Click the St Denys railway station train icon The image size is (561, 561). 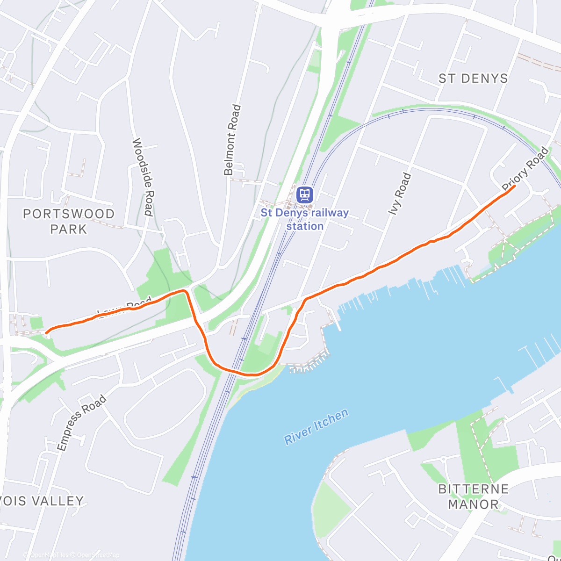pyautogui.click(x=304, y=194)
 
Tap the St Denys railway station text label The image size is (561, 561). pyautogui.click(x=304, y=219)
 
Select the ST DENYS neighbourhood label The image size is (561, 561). pyautogui.click(x=473, y=79)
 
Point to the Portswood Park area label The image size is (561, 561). pyautogui.click(x=69, y=221)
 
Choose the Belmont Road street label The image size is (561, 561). pyautogui.click(x=232, y=140)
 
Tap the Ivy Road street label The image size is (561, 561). pyautogui.click(x=400, y=194)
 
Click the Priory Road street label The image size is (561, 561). pyautogui.click(x=525, y=169)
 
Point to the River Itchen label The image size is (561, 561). pyautogui.click(x=316, y=426)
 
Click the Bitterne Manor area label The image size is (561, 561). pyautogui.click(x=473, y=496)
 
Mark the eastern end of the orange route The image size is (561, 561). pyautogui.click(x=515, y=186)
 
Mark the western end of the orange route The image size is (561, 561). pyautogui.click(x=46, y=332)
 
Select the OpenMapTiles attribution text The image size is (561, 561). pyautogui.click(x=49, y=555)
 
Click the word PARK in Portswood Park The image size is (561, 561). pyautogui.click(x=69, y=229)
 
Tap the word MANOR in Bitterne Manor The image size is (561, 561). pyautogui.click(x=473, y=504)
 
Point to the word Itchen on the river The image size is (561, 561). pyautogui.click(x=331, y=419)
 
